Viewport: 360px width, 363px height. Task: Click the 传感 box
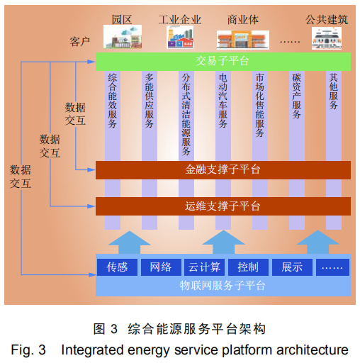pos(116,267)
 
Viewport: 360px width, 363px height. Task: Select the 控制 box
pos(248,267)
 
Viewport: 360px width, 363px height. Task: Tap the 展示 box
pos(292,267)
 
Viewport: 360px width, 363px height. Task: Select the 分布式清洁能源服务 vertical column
pos(186,113)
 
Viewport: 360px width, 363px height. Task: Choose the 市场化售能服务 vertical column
pos(260,106)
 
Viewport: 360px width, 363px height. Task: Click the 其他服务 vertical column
pos(334,92)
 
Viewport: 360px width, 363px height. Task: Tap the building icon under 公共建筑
pos(327,38)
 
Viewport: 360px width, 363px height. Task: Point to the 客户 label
pos(80,40)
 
